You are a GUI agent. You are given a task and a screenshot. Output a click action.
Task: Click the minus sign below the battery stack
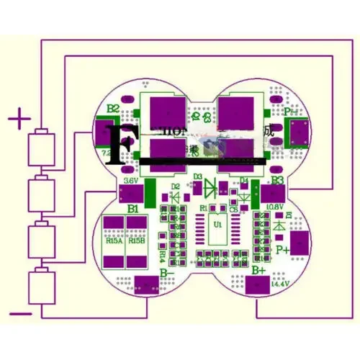[21, 313]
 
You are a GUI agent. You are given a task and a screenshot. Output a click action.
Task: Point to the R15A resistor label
[114, 240]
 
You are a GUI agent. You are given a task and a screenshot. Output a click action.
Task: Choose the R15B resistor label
[136, 240]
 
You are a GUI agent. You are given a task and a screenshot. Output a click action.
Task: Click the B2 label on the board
[113, 109]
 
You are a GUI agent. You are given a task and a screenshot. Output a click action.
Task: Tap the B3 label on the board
[277, 181]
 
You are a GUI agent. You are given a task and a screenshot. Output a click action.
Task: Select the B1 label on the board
[133, 208]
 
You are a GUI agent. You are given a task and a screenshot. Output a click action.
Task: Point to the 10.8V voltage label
[274, 207]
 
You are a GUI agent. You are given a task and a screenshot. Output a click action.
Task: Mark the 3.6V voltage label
[131, 180]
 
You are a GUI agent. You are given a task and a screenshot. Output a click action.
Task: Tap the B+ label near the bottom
[259, 269]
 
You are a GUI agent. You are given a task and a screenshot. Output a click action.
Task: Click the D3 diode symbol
[210, 189]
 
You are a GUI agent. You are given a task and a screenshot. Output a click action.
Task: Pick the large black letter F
[119, 145]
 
